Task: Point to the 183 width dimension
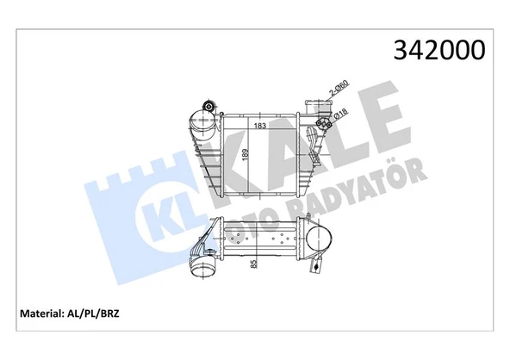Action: tap(260, 126)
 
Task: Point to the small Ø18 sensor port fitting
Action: tap(325, 126)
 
